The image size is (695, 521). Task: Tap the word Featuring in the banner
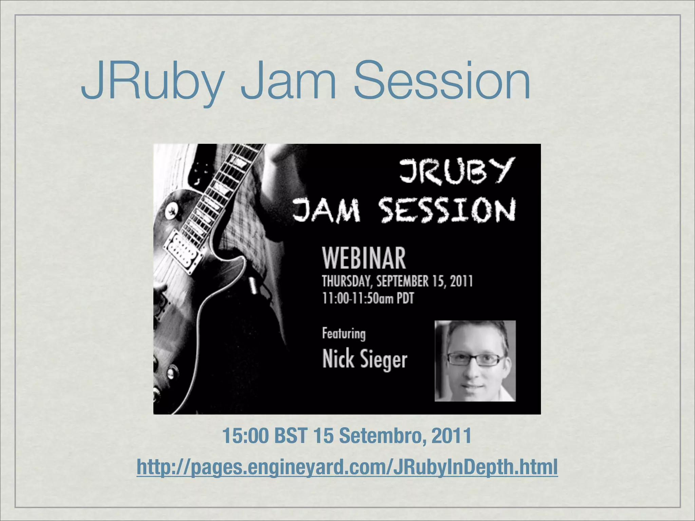tap(344, 334)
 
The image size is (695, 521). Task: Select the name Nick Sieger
tap(364, 360)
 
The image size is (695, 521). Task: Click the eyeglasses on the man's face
tap(475, 359)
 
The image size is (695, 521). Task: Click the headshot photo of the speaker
tap(475, 361)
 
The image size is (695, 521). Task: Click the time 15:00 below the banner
tap(245, 436)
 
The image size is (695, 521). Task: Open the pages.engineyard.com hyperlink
tap(347, 467)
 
